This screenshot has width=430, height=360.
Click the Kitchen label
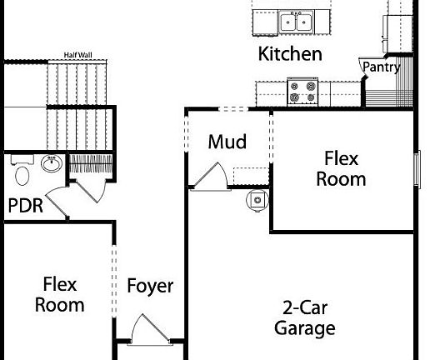(x=290, y=54)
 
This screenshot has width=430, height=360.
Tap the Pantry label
(x=382, y=67)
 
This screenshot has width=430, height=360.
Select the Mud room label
(x=227, y=142)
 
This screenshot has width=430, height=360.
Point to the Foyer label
(x=150, y=287)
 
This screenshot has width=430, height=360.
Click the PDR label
(x=26, y=206)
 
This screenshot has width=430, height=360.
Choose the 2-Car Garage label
(x=305, y=318)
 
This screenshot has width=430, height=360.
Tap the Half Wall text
(x=78, y=55)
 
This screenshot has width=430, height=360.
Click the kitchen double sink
(x=296, y=22)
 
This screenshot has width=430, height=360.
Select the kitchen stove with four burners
(x=302, y=92)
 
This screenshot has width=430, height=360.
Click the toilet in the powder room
(x=22, y=171)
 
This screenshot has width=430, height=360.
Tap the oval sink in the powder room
(x=52, y=163)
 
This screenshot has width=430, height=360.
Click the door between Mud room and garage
(x=210, y=177)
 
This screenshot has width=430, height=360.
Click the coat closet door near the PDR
(x=91, y=191)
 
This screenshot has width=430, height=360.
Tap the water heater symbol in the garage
(x=257, y=200)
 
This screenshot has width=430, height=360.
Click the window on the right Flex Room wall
(x=417, y=169)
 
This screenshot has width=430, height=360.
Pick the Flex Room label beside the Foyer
(x=60, y=295)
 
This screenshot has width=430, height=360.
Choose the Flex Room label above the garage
(x=341, y=168)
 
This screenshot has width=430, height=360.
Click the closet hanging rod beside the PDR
(x=91, y=163)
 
